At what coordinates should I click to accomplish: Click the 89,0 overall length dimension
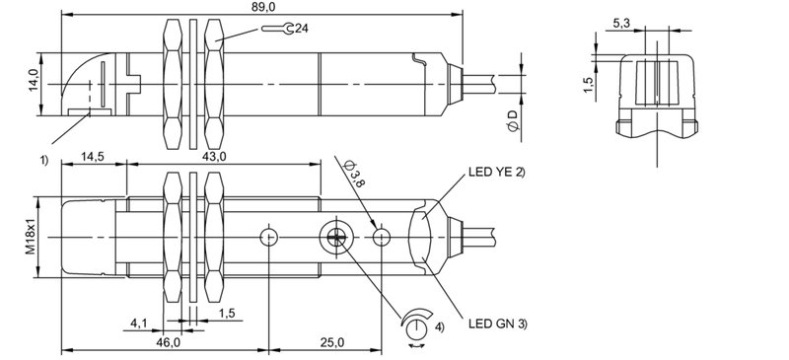(x=262, y=7)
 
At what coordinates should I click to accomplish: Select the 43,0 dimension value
(x=213, y=156)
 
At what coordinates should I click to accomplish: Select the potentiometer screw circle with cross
(x=332, y=237)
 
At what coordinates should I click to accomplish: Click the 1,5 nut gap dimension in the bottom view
(x=227, y=313)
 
